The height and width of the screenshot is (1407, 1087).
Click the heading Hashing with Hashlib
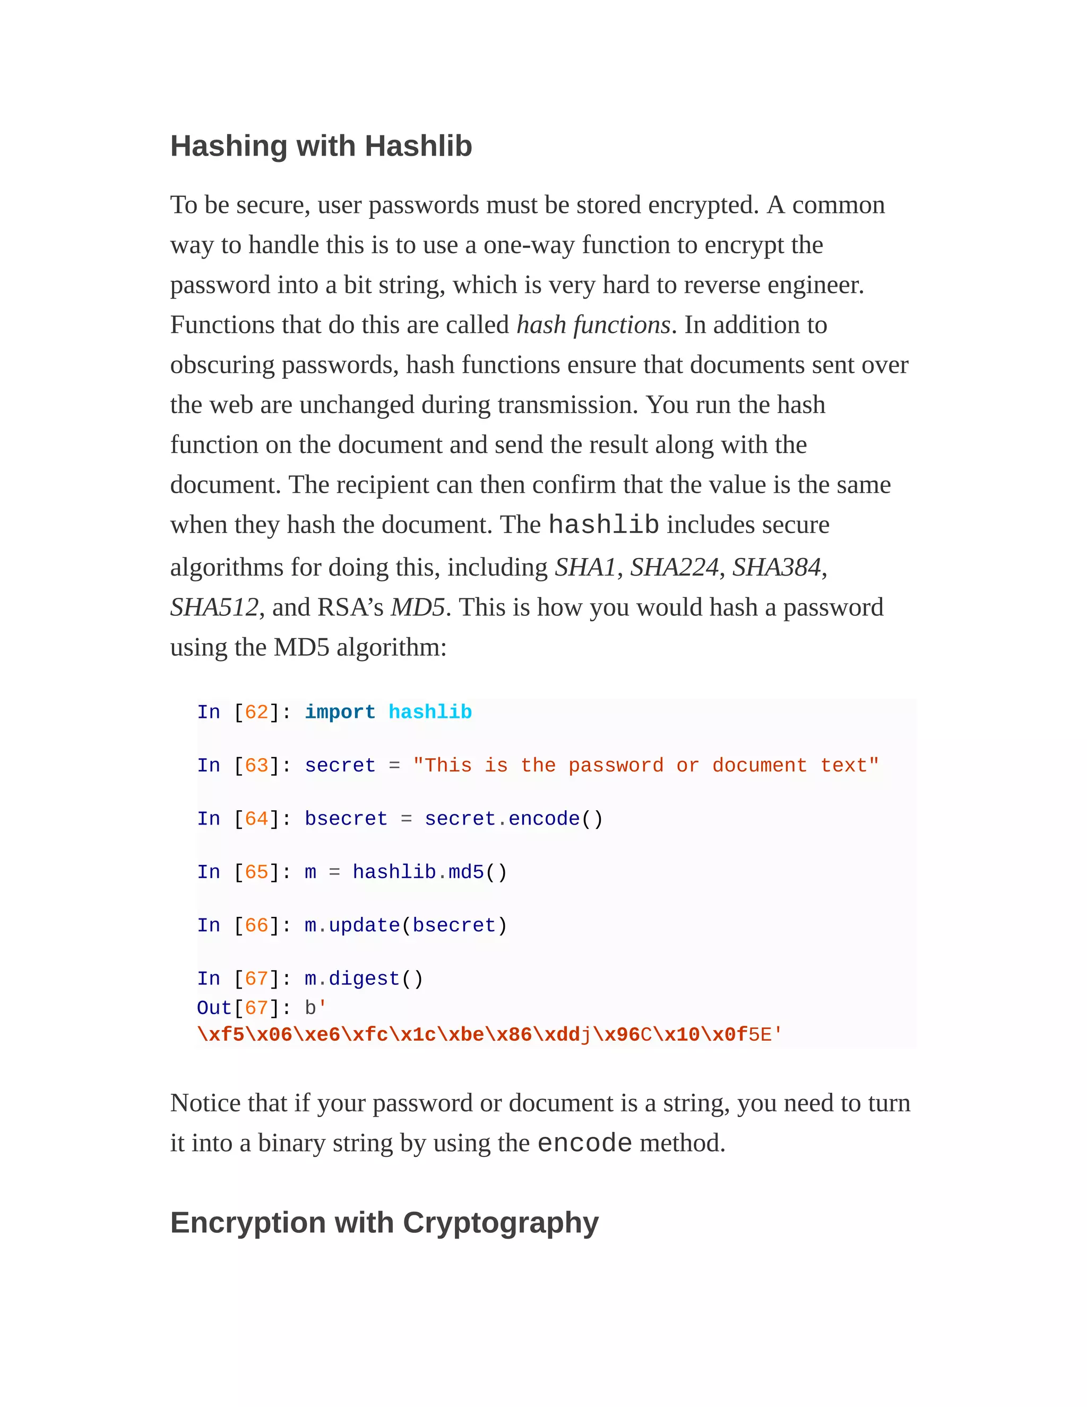[321, 145]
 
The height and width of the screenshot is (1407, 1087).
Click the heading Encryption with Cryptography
[384, 1222]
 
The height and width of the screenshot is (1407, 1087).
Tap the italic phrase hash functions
[593, 325]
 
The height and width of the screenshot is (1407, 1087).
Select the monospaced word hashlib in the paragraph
[603, 525]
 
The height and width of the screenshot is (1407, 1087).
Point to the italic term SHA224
[674, 567]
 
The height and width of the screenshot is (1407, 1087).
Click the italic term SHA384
[777, 567]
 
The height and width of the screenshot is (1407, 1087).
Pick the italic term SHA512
[214, 607]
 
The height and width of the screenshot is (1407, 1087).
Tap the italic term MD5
[417, 607]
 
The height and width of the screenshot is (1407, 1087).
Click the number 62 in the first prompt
[256, 712]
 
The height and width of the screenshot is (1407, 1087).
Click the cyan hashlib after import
[429, 712]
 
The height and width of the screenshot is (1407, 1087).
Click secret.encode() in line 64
[513, 819]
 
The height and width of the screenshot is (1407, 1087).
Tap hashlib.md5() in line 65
[429, 872]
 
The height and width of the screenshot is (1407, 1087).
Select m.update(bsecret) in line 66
[406, 926]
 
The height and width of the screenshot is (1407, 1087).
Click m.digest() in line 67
[364, 979]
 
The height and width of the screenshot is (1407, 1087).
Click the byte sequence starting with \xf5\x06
[489, 1035]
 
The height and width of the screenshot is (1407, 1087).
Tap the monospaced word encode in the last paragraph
[584, 1143]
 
